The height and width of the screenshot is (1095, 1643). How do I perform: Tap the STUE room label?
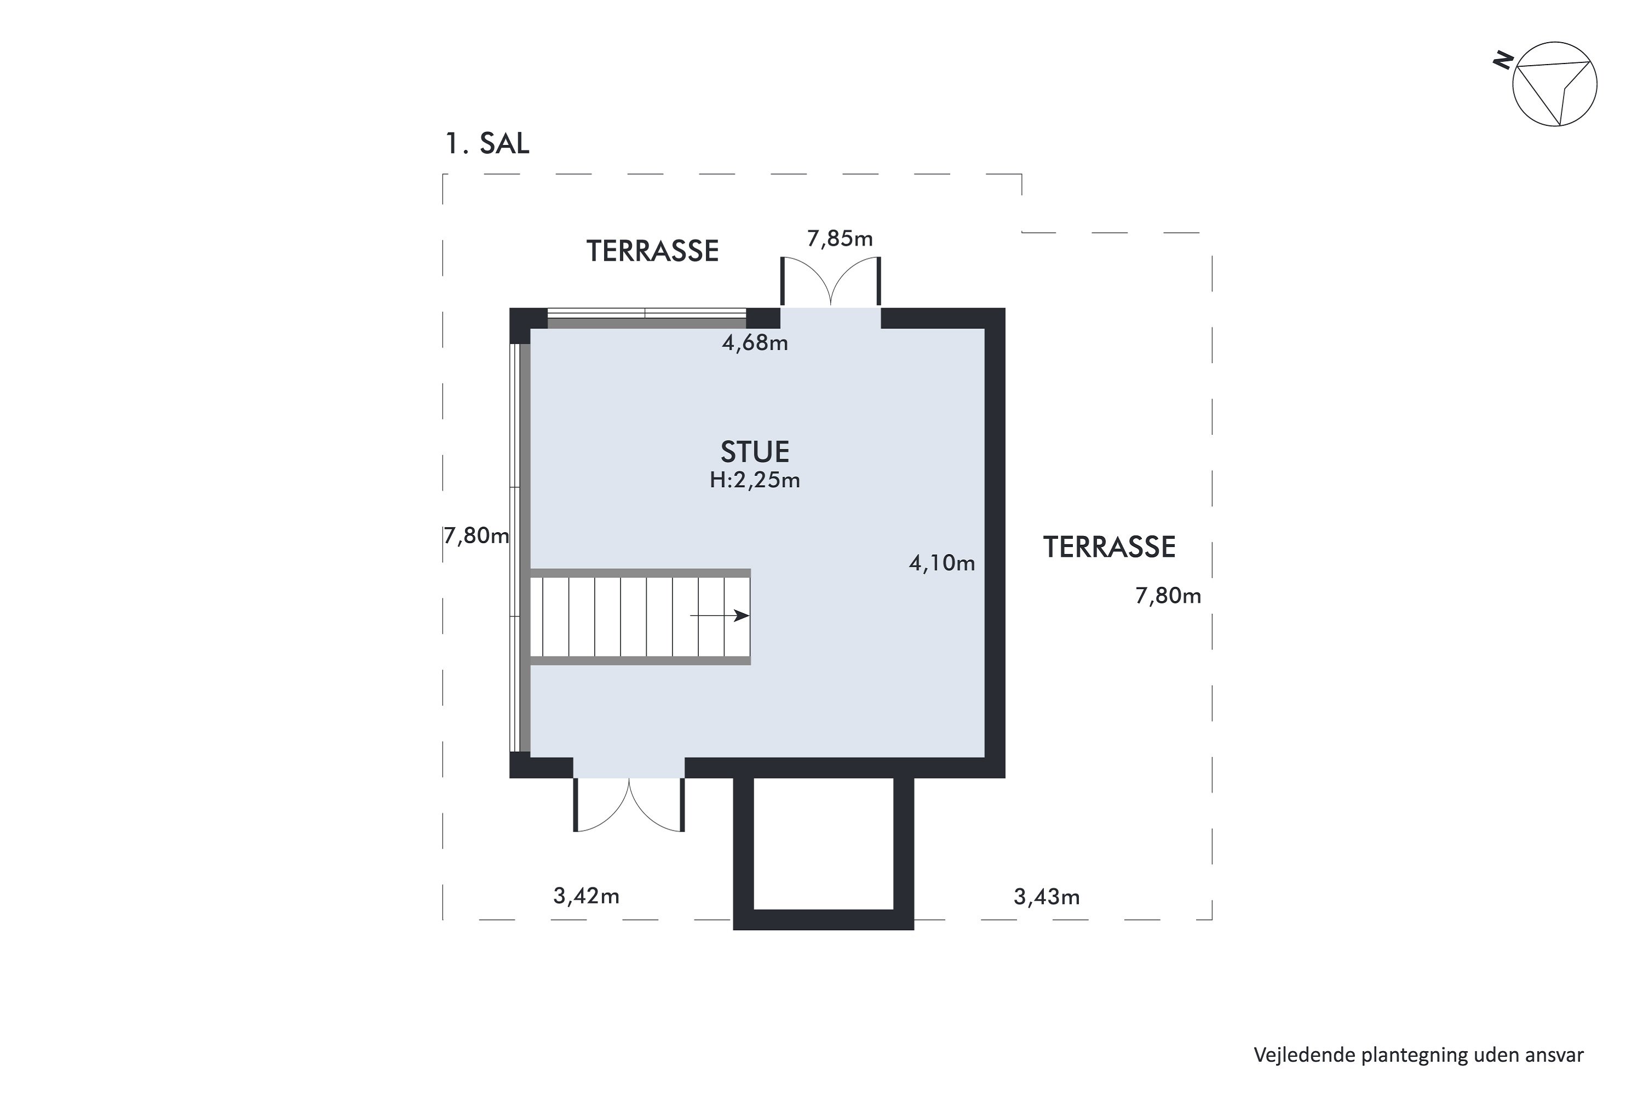[755, 452]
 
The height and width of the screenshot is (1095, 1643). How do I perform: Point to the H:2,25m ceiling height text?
[755, 481]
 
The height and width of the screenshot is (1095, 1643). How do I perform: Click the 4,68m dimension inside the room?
[755, 343]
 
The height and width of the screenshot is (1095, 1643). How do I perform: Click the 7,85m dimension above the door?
[840, 239]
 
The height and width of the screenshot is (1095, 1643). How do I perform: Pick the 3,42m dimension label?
[586, 895]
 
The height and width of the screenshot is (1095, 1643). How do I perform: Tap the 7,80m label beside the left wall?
[476, 535]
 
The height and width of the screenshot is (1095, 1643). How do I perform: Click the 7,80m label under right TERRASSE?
[1168, 596]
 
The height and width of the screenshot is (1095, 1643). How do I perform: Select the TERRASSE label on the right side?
[1110, 547]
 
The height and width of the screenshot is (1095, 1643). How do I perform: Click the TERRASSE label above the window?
[652, 251]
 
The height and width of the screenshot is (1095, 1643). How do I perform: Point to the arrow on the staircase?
[720, 615]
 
